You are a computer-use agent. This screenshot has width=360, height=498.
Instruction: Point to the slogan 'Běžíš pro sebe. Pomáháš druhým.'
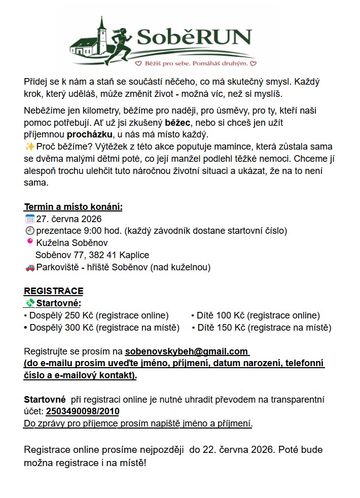coord(195,64)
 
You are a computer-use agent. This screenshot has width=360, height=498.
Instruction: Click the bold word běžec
coord(177,123)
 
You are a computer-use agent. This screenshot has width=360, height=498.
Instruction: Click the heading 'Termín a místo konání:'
coord(73,207)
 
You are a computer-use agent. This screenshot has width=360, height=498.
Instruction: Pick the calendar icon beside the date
coord(29,219)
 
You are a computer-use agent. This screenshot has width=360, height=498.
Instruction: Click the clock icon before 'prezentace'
coord(29,231)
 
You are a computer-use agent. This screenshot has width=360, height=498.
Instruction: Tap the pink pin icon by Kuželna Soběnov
coord(29,243)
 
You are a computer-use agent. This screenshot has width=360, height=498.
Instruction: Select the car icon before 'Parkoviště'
coord(29,267)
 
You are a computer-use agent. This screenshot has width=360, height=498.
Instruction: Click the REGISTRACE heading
coord(53,291)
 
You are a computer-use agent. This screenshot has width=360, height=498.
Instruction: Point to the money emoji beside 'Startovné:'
coord(30,303)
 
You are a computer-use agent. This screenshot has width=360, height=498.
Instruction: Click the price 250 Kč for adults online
coord(75,315)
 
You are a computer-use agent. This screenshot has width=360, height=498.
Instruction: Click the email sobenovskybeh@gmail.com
coord(186,351)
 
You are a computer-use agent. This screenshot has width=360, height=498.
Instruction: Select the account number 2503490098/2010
coord(83,411)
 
